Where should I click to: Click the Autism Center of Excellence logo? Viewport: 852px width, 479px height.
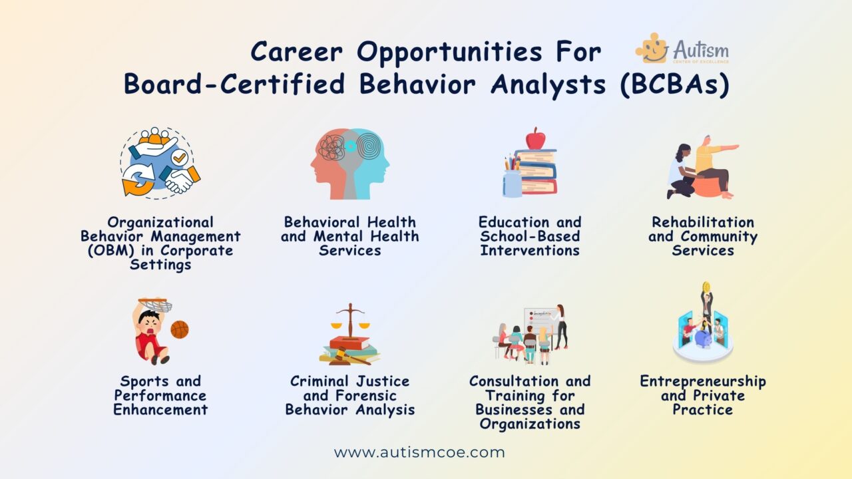pyautogui.click(x=682, y=50)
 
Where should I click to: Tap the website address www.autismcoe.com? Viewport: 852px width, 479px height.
pyautogui.click(x=419, y=453)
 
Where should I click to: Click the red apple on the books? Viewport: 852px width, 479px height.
pyautogui.click(x=534, y=138)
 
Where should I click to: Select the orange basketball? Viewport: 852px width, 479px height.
pyautogui.click(x=179, y=329)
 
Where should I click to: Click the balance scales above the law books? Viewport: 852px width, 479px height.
pyautogui.click(x=350, y=319)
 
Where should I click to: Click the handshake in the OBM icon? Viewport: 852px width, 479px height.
pyautogui.click(x=179, y=179)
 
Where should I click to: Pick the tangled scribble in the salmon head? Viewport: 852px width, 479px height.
pyautogui.click(x=331, y=147)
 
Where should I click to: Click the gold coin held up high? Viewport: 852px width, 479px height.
pyautogui.click(x=706, y=287)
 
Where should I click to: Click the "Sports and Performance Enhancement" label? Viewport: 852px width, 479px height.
pyautogui.click(x=160, y=395)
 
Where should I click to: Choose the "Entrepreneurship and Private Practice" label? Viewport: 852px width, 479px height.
pyautogui.click(x=703, y=395)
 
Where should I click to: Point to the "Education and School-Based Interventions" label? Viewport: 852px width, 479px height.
pyautogui.click(x=530, y=236)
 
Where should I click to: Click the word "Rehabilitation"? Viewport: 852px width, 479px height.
pyautogui.click(x=703, y=222)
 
